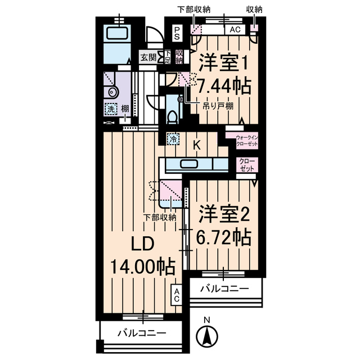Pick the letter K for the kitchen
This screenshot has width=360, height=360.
pyautogui.click(x=196, y=145)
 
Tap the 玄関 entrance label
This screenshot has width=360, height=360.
pyautogui.click(x=148, y=56)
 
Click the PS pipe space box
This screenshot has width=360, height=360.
pyautogui.click(x=177, y=33)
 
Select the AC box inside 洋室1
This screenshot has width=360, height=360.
pyautogui.click(x=236, y=30)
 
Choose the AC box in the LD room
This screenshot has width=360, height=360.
pyautogui.click(x=177, y=295)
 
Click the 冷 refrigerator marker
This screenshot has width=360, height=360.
pyautogui.click(x=173, y=138)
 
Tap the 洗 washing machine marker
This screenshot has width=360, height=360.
pyautogui.click(x=110, y=110)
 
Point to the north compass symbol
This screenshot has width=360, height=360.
pyautogui.click(x=206, y=336)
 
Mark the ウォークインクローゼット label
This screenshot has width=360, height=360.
pyautogui.click(x=246, y=141)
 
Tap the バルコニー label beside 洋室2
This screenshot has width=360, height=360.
pyautogui.click(x=224, y=289)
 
